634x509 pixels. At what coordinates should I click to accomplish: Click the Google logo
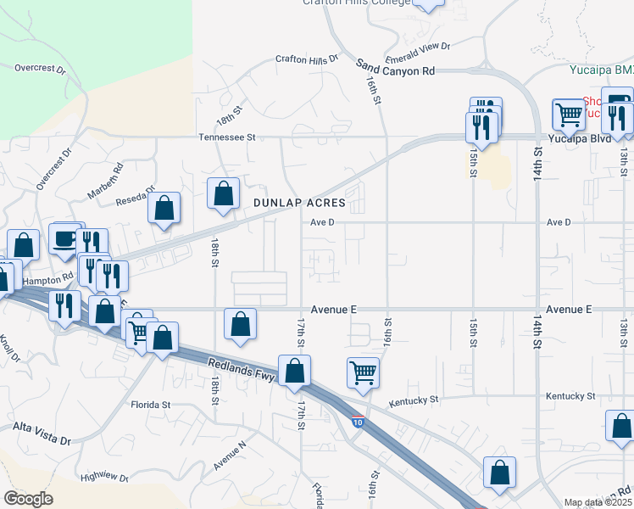point(28,498)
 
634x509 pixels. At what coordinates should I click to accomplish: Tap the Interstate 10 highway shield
point(359,422)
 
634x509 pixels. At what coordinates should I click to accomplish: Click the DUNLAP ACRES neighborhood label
point(299,203)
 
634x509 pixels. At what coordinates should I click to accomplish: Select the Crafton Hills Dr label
point(306,59)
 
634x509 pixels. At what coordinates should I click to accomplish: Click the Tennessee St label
point(227,137)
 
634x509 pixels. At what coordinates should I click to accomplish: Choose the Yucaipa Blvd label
point(579,137)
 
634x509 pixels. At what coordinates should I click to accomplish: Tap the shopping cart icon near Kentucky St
point(363,372)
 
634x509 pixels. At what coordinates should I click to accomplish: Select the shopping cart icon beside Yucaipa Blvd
point(569,114)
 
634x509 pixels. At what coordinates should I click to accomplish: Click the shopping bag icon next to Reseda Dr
point(164,207)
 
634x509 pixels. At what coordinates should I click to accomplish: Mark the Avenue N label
point(229,456)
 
